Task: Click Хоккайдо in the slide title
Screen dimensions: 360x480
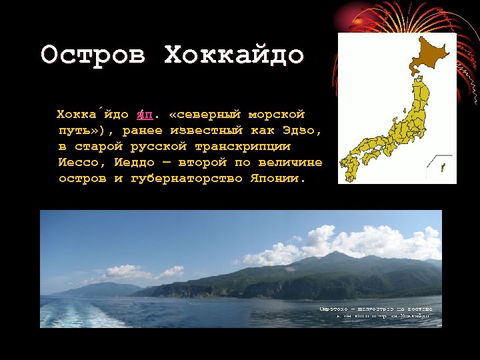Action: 233,55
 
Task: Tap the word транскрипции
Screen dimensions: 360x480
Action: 243,146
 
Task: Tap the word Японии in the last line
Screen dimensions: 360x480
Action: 277,178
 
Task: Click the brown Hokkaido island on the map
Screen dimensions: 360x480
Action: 427,55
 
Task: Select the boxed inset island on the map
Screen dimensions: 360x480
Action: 443,167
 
